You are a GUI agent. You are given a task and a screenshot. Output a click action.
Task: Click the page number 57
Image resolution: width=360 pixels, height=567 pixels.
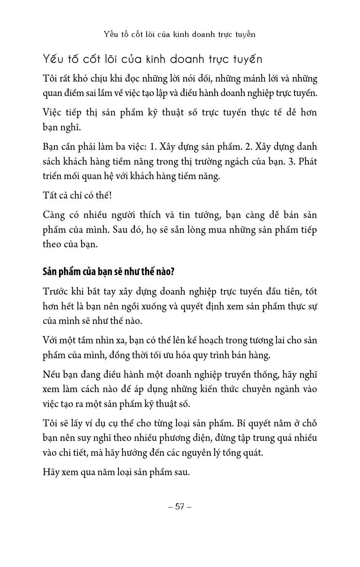180,506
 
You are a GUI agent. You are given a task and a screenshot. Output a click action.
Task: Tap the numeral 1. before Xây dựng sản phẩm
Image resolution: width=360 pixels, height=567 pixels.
153,147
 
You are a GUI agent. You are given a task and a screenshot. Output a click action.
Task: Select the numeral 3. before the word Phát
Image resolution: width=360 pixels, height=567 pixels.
292,161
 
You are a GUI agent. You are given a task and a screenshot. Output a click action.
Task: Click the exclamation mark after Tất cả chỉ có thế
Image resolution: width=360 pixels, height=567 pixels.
110,195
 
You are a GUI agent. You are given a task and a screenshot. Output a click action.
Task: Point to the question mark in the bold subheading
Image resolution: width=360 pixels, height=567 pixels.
172,272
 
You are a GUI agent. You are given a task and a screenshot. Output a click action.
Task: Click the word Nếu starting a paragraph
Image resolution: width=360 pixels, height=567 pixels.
51,374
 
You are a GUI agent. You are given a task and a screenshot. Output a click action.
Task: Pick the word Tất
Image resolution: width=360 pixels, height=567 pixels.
50,195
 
